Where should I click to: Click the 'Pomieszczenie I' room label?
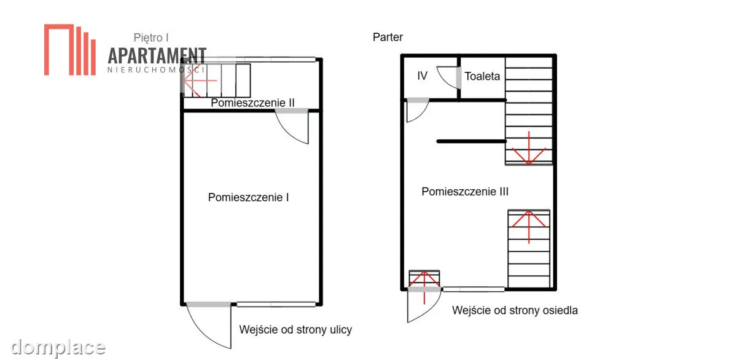click(248, 197)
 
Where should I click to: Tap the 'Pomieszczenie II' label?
click(252, 103)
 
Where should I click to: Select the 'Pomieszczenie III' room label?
click(465, 192)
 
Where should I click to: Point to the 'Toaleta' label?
click(482, 76)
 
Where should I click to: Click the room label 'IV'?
click(422, 76)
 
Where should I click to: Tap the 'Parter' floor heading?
click(388, 37)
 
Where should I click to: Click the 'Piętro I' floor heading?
click(151, 38)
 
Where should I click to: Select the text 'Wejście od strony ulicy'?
click(295, 329)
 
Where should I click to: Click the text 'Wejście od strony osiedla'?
click(515, 310)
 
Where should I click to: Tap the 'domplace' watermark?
click(58, 348)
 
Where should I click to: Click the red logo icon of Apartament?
click(70, 50)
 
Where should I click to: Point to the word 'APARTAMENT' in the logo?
click(157, 56)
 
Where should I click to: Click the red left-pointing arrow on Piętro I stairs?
click(200, 80)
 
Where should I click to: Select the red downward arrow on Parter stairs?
click(529, 148)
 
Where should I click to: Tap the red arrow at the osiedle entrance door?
click(424, 288)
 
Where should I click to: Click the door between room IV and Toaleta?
click(449, 78)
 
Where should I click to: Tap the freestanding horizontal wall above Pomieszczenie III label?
click(472, 141)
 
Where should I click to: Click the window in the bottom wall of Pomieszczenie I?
click(276, 305)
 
